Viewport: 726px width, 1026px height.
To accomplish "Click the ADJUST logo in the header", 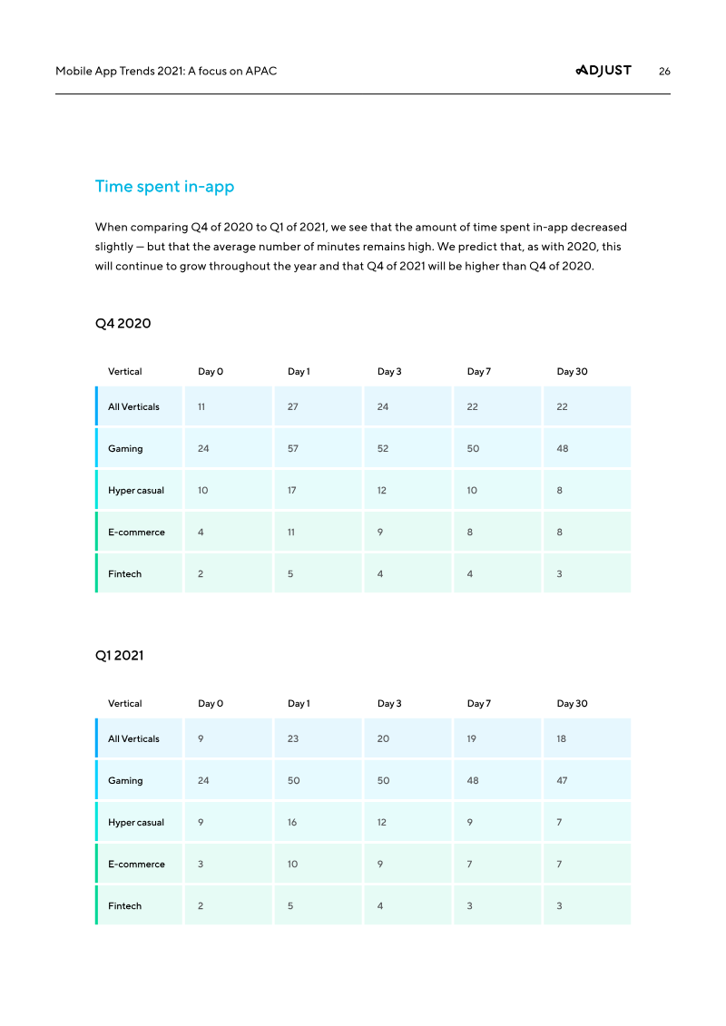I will [x=603, y=71].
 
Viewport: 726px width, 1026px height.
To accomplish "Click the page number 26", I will [x=664, y=72].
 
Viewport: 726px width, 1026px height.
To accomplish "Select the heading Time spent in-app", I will [x=164, y=187].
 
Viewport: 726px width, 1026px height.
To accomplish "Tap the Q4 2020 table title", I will [x=123, y=324].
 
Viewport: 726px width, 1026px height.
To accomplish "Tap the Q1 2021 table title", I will [x=119, y=656].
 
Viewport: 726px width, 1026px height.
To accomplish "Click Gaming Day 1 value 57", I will [x=293, y=449].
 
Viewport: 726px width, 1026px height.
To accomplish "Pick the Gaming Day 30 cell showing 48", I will [x=563, y=449].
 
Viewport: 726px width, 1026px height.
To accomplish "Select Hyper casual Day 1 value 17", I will [x=292, y=491].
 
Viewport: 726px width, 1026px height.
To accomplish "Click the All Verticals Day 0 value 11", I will [x=201, y=407].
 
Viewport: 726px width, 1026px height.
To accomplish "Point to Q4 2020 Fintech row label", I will [x=124, y=574].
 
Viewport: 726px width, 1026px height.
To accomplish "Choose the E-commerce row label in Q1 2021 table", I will [x=136, y=865].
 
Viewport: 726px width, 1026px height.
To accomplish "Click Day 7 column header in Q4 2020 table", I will [x=478, y=372].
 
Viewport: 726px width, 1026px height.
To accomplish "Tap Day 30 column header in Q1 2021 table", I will [x=572, y=704].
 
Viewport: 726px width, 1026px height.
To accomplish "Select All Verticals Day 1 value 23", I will [x=293, y=739].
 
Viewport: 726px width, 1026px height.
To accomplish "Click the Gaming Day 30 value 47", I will [x=562, y=781].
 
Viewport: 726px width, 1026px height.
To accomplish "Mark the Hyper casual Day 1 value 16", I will [x=292, y=823].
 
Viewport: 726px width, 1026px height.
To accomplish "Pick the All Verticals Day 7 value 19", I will [x=471, y=739].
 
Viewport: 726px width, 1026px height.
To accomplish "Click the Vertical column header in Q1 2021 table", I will [x=124, y=704].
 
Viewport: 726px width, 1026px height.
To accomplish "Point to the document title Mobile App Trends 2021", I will [x=166, y=72].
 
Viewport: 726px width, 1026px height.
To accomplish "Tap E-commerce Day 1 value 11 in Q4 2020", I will [x=291, y=533].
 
